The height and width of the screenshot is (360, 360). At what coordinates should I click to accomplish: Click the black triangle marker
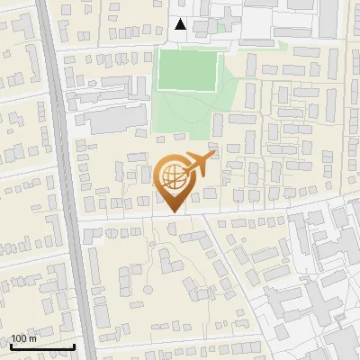pyautogui.click(x=181, y=24)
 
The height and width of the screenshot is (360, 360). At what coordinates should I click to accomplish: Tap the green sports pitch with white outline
pyautogui.click(x=188, y=70)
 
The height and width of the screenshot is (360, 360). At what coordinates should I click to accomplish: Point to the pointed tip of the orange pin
pyautogui.click(x=172, y=212)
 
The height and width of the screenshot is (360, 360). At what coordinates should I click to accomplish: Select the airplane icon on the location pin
pyautogui.click(x=197, y=166)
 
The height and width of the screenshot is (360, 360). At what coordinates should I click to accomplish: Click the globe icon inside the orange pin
pyautogui.click(x=172, y=178)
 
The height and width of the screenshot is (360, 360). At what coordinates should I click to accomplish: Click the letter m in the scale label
pyautogui.click(x=34, y=338)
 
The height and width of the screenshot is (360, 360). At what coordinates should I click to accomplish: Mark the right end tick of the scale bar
pyautogui.click(x=74, y=346)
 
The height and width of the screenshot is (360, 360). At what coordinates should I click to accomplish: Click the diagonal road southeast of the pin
pyautogui.click(x=225, y=261)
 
